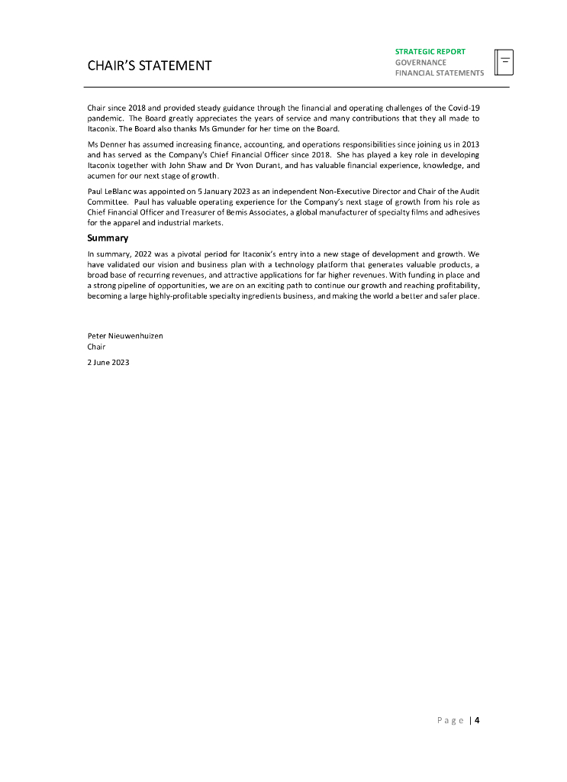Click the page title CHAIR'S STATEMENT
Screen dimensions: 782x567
click(150, 66)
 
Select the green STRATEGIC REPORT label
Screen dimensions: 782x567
click(430, 52)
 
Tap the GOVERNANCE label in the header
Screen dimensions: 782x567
click(420, 63)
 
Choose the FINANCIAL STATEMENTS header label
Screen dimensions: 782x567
click(439, 73)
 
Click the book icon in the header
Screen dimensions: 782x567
click(504, 63)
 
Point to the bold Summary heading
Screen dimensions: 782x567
click(108, 238)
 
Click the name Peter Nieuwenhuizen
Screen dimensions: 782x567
click(125, 335)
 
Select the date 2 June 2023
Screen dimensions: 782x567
click(108, 363)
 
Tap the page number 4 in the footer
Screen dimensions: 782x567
click(477, 719)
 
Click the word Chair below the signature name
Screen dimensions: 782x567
click(97, 347)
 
